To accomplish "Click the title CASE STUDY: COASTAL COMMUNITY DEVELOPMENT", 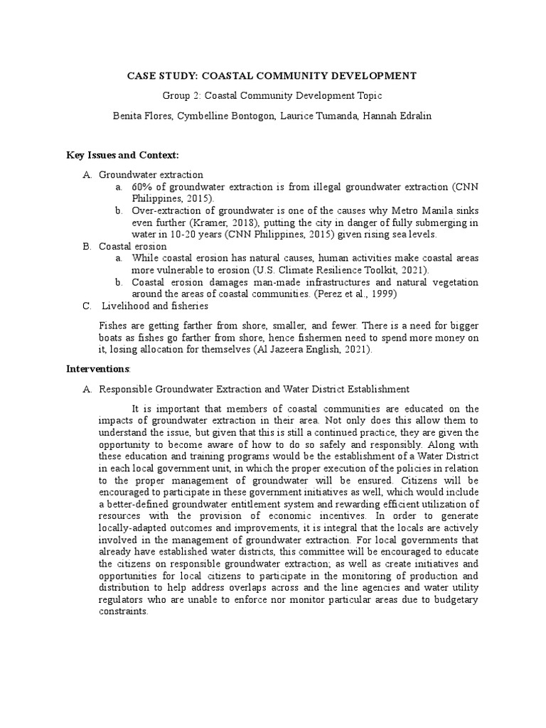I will (272, 75).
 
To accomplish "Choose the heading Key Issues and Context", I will (122, 154).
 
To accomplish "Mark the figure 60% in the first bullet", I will (143, 186).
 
